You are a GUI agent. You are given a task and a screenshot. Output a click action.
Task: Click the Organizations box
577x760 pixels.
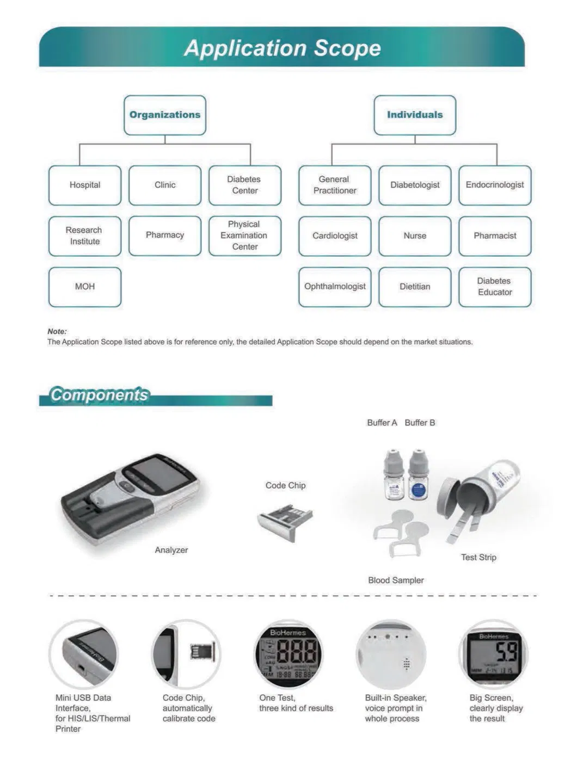point(165,115)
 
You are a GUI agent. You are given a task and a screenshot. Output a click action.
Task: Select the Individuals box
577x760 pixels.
point(415,115)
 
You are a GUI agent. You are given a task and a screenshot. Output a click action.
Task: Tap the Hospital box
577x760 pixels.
point(85,185)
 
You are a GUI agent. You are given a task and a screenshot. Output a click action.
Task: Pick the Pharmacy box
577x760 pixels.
point(165,236)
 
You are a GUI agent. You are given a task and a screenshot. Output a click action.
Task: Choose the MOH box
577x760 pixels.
point(85,287)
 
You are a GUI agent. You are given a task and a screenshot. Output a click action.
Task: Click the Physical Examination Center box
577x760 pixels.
point(245,236)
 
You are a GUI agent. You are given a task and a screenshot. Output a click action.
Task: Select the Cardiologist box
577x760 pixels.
point(335,236)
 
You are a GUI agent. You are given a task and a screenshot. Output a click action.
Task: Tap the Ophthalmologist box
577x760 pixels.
point(335,287)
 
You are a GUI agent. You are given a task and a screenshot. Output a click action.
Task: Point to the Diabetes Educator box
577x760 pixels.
point(495,287)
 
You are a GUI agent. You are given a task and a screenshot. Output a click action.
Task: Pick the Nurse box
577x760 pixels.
point(415,236)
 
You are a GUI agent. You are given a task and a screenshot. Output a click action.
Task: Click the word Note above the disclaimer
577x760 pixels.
point(57,331)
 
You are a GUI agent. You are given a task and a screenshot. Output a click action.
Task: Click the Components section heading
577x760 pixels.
point(99,395)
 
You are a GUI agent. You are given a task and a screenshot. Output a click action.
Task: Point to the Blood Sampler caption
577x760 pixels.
point(396,580)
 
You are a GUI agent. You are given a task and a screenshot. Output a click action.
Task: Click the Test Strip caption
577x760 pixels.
point(478,558)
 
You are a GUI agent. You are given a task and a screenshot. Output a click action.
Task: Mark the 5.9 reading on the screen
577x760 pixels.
point(507,652)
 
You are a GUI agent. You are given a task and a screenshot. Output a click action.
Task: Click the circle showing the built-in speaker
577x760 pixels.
point(391,654)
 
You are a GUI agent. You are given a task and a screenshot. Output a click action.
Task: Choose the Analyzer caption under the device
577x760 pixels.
point(171,550)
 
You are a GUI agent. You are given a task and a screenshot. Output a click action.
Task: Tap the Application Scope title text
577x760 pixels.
point(283,48)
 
